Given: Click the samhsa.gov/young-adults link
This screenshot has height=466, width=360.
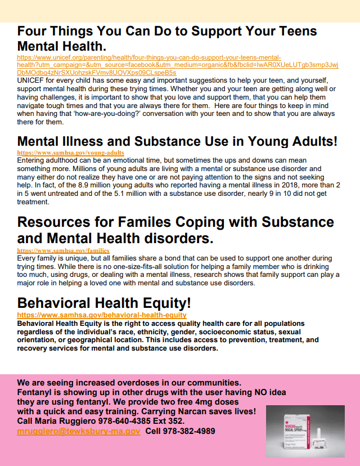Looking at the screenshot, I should click(70, 153).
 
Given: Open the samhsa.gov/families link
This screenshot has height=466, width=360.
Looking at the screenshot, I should click(63, 250).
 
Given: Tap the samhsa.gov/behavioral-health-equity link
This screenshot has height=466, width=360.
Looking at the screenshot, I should click(101, 315).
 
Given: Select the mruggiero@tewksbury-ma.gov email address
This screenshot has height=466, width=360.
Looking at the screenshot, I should click(79, 431).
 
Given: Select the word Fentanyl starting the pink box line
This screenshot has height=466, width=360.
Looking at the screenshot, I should click(35, 392).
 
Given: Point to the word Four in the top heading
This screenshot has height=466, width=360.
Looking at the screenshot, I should click(35, 32).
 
